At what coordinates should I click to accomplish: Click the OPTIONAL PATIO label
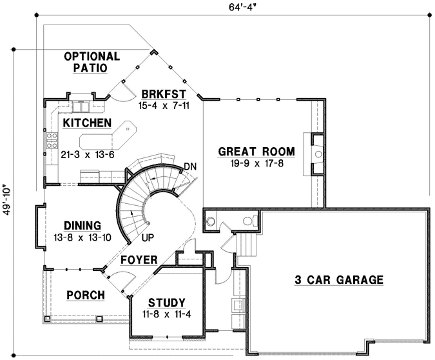coord(92,61)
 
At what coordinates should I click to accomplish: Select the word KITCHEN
coord(87,123)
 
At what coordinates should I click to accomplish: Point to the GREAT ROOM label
coord(256,152)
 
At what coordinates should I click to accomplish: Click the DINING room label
coord(82,226)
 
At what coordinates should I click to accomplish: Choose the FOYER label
coord(139,260)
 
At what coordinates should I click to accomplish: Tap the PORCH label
coord(85,295)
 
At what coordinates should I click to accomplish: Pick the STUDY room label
coord(166,303)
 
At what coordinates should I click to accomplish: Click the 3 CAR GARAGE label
coord(339,280)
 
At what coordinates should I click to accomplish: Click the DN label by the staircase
coord(189,166)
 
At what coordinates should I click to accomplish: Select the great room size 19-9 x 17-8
coord(256,164)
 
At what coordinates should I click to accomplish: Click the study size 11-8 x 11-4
coord(166,314)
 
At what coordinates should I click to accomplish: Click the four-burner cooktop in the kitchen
coord(51,140)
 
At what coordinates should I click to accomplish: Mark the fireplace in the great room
coord(316,154)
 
